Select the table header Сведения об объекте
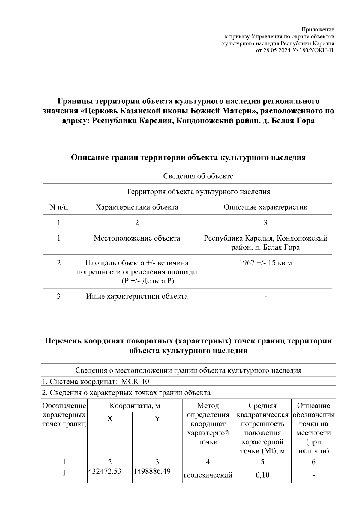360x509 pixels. pyautogui.click(x=198, y=176)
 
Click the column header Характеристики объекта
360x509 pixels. pyautogui.click(x=137, y=207)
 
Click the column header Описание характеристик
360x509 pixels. pyautogui.click(x=265, y=207)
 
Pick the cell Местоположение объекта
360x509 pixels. pyautogui.click(x=137, y=238)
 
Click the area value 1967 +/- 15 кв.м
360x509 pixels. pyautogui.click(x=265, y=263)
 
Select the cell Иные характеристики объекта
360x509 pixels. pyautogui.click(x=137, y=297)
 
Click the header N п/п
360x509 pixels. pyautogui.click(x=59, y=207)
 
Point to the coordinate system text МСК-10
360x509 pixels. pyautogui.click(x=135, y=382)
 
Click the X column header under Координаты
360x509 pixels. pyautogui.click(x=110, y=419)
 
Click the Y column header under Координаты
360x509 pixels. pyautogui.click(x=157, y=419)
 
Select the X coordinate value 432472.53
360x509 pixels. pyautogui.click(x=105, y=471)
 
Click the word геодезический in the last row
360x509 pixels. pyautogui.click(x=208, y=475)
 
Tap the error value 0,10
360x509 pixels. pyautogui.click(x=262, y=475)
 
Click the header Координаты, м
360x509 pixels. pyautogui.click(x=135, y=406)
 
